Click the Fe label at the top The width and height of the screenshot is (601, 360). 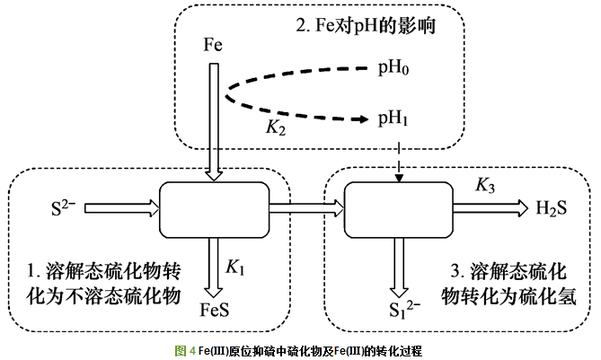(213, 44)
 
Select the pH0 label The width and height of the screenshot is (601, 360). (393, 68)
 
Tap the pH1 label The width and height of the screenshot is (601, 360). (393, 118)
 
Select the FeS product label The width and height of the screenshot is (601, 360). (213, 311)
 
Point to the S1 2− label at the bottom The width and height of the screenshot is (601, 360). (401, 311)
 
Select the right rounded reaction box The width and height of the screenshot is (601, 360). (399, 208)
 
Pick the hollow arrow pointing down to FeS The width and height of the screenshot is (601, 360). (213, 267)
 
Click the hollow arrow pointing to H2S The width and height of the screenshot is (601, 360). (491, 208)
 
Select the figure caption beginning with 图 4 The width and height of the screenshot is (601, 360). (299, 348)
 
